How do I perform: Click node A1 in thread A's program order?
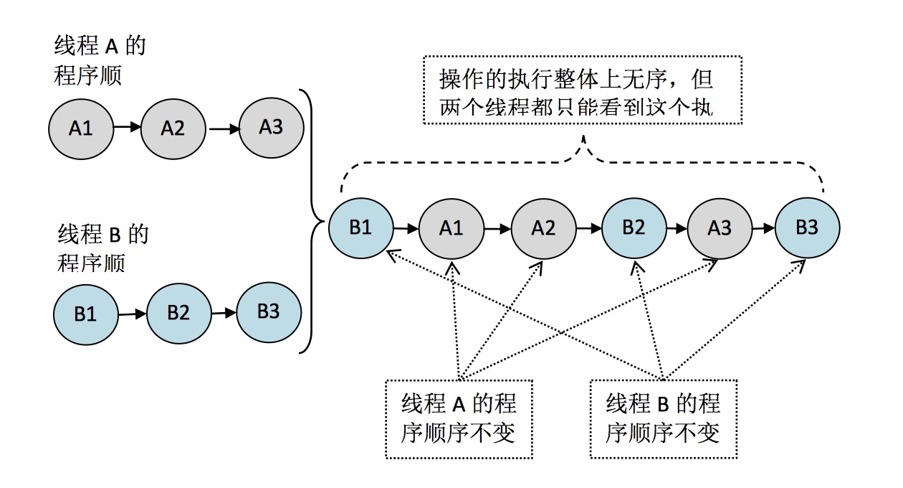pyautogui.click(x=81, y=130)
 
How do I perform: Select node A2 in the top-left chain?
pyautogui.click(x=173, y=129)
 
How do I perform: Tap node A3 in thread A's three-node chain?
pyautogui.click(x=271, y=128)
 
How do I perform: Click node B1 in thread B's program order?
pyautogui.click(x=85, y=315)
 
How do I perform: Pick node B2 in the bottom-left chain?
pyautogui.click(x=178, y=314)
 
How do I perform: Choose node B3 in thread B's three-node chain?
pyautogui.click(x=269, y=312)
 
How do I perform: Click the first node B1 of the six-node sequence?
pyautogui.click(x=360, y=227)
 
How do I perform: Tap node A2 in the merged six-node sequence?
pyautogui.click(x=543, y=229)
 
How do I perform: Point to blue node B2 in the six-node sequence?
pyautogui.click(x=634, y=228)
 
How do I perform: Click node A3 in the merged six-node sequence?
pyautogui.click(x=720, y=229)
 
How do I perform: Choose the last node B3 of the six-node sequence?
pyautogui.click(x=807, y=228)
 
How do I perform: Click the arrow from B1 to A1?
pyautogui.click(x=406, y=229)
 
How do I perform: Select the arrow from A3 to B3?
pyautogui.click(x=763, y=229)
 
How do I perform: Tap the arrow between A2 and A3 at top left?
pyautogui.click(x=222, y=129)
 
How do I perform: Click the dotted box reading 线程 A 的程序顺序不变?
pyautogui.click(x=459, y=418)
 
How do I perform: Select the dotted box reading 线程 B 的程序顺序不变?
pyautogui.click(x=663, y=418)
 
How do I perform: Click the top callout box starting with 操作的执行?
pyautogui.click(x=582, y=90)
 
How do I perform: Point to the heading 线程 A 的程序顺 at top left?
pyautogui.click(x=99, y=60)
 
